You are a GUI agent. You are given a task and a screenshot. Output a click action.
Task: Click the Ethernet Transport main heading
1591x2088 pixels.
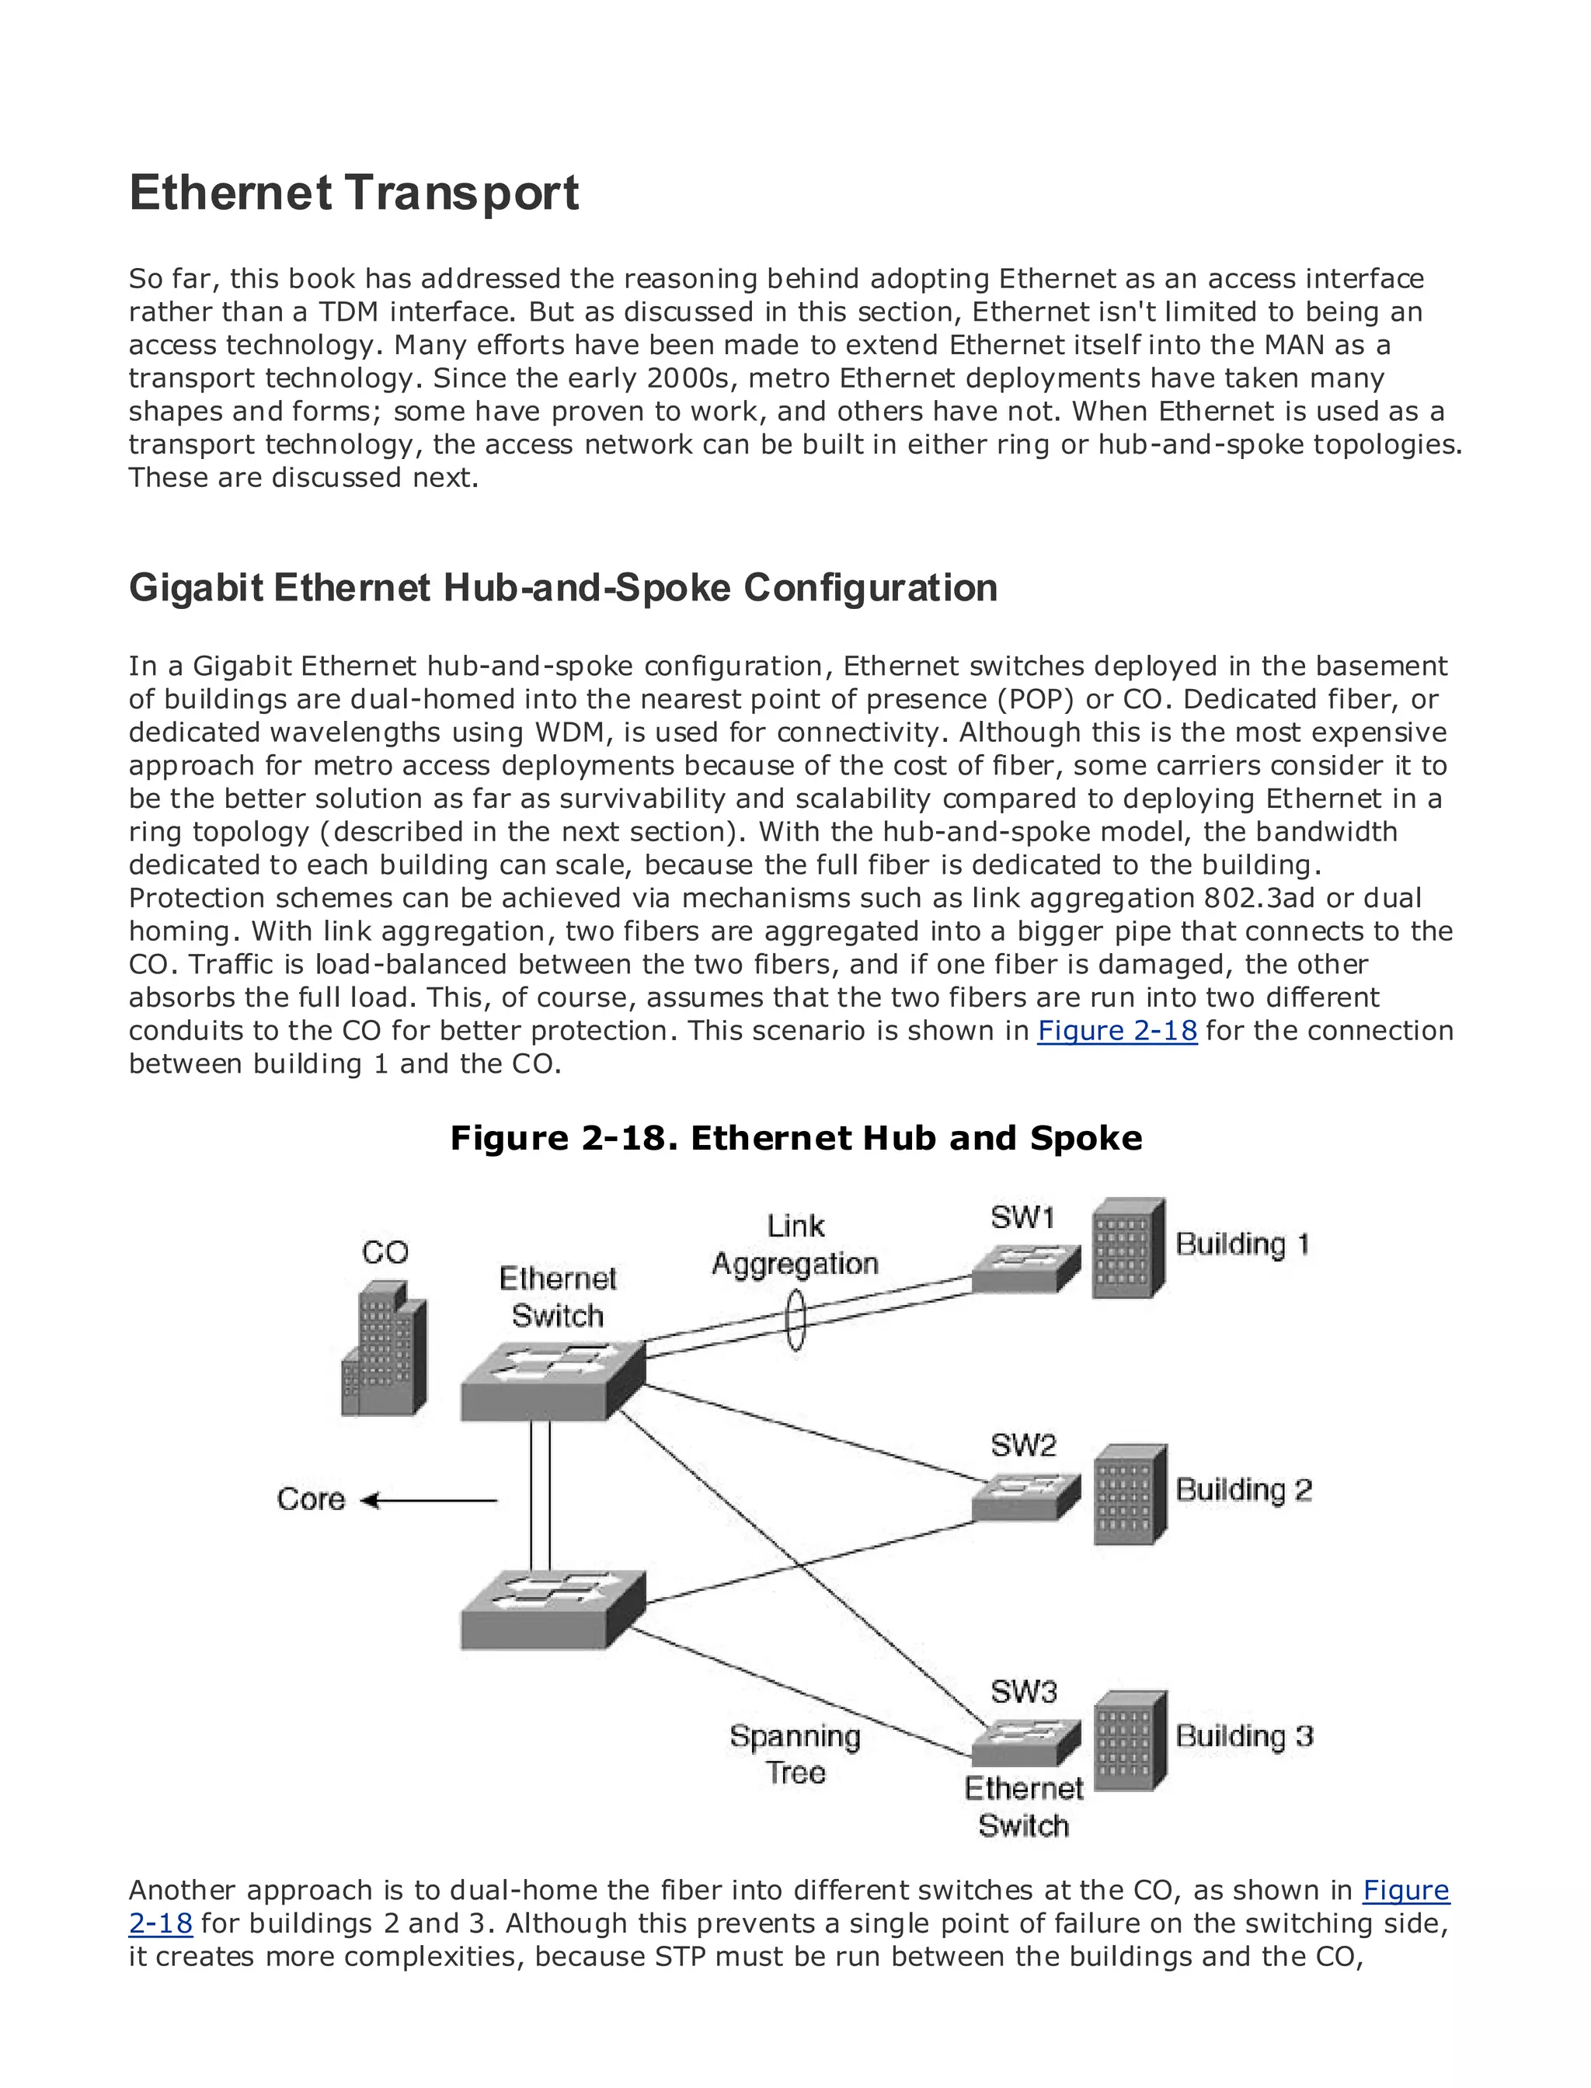tap(353, 193)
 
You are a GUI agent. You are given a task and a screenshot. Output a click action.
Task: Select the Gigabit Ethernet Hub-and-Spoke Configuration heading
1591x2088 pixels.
tap(562, 588)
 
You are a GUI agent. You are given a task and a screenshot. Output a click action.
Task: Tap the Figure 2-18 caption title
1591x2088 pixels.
tap(795, 1137)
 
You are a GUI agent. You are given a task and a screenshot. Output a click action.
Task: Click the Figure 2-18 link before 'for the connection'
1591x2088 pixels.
tap(1116, 1030)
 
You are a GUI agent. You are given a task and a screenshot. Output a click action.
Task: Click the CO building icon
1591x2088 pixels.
tap(384, 1348)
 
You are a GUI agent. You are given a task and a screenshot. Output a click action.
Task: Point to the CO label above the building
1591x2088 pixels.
tap(385, 1253)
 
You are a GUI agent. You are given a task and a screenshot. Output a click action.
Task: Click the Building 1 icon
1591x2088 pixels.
tap(1127, 1248)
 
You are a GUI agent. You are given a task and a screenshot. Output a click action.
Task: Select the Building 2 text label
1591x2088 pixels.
tap(1242, 1490)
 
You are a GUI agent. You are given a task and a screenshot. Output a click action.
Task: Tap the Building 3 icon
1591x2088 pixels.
tap(1129, 1741)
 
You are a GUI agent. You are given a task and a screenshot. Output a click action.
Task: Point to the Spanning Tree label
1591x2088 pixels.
tap(795, 1754)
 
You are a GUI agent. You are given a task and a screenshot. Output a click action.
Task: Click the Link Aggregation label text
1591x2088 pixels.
tap(795, 1244)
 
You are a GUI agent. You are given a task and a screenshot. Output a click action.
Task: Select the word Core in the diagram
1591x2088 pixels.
tap(311, 1499)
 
